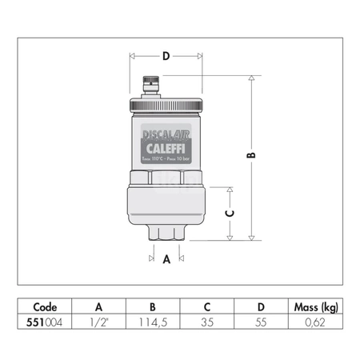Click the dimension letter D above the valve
(x=166, y=56)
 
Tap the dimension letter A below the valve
(x=166, y=259)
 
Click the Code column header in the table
(x=45, y=306)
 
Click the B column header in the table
(x=152, y=306)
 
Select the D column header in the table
(x=260, y=306)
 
